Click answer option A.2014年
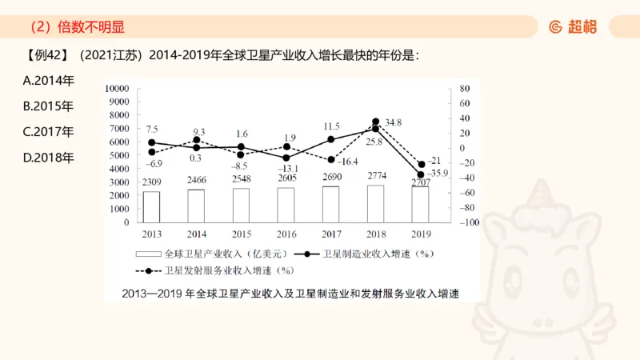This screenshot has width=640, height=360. tap(49, 81)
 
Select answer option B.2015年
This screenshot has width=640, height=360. tap(49, 106)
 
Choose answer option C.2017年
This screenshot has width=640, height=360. tap(49, 131)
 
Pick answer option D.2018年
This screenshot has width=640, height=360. tap(49, 157)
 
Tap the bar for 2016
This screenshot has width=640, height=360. tap(286, 205)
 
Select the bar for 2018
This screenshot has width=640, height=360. tap(375, 203)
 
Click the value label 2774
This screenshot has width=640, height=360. tap(376, 175)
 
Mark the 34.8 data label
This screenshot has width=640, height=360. tap(393, 122)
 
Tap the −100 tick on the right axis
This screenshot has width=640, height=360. tap(469, 222)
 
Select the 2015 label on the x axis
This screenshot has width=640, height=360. tap(241, 234)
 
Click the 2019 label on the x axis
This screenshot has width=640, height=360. tap(420, 234)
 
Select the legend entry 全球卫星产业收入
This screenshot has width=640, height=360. tap(210, 254)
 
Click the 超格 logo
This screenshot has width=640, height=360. tap(574, 26)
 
